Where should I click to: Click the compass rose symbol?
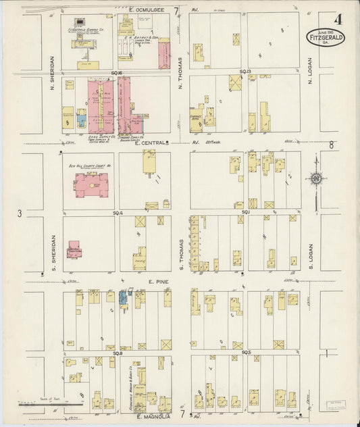(315, 178)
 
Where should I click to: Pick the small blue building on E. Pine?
(124, 298)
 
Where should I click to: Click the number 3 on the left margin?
(20, 214)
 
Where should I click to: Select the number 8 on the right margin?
(332, 145)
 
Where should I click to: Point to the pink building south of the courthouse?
(74, 251)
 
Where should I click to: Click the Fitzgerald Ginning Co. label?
(85, 30)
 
